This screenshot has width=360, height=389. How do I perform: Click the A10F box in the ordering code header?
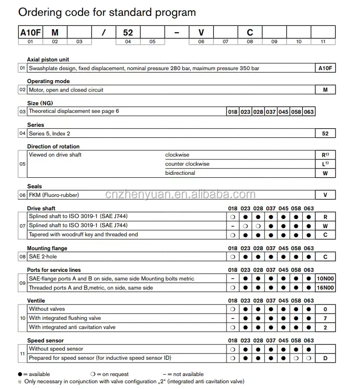pos(30,33)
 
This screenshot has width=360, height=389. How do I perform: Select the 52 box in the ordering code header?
pos(128,33)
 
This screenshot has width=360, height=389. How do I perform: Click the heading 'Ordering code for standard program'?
pos(107,12)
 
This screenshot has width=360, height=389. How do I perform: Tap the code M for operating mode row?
pos(325,90)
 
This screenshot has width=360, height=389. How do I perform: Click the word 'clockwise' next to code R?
pos(177,155)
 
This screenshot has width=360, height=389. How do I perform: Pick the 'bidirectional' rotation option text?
pos(180,173)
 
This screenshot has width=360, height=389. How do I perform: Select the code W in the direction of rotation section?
pos(325,173)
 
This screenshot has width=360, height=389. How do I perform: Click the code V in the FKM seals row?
pos(325,195)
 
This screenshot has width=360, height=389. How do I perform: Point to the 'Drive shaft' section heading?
pos(41,208)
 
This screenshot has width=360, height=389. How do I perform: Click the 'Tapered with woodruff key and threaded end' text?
pos(83,234)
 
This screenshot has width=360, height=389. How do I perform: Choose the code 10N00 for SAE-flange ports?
pos(325,279)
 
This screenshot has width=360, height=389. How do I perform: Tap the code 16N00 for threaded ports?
pos(325,288)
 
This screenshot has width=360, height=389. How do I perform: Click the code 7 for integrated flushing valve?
pos(325,318)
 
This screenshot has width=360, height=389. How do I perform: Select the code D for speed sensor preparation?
pos(325,358)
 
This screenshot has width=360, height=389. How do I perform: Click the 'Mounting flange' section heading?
pos(47,248)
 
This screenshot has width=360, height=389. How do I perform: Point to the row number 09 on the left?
pos(22,283)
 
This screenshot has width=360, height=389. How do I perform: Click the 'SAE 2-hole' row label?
pos(43,257)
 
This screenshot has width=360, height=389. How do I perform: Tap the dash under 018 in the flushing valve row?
pos(232,318)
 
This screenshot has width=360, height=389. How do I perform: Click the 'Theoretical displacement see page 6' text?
pos(74,111)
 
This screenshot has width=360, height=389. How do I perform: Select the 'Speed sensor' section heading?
pos(46,340)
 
